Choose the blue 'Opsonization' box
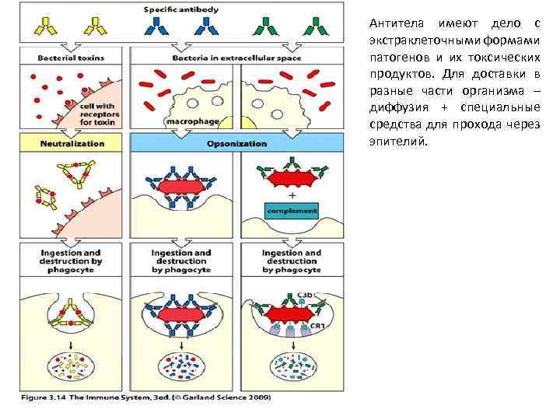tap(236, 143)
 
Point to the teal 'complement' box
tap(292, 210)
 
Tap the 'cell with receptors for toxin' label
tap(96, 113)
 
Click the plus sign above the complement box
tap(291, 195)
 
